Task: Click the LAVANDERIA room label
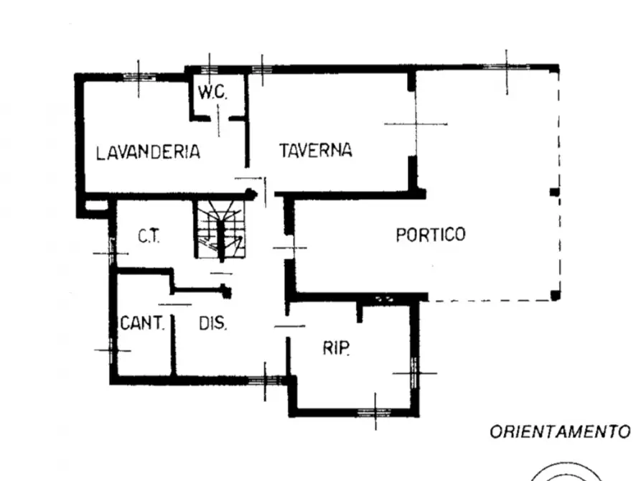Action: [x=148, y=152]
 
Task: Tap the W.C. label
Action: [x=212, y=92]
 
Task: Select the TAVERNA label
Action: [x=316, y=150]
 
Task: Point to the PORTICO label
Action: [x=431, y=234]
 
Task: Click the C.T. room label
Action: [x=149, y=236]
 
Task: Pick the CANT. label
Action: [x=142, y=323]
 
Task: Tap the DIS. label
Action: [x=212, y=323]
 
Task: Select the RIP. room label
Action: [x=336, y=348]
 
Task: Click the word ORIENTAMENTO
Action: [x=560, y=432]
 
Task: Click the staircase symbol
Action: [x=221, y=229]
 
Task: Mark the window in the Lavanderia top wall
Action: [x=139, y=77]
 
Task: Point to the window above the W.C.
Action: [x=210, y=69]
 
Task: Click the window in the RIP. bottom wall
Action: [x=375, y=412]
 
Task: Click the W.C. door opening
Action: [x=219, y=118]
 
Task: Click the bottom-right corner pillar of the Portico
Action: [x=555, y=295]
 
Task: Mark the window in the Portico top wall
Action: [x=507, y=67]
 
